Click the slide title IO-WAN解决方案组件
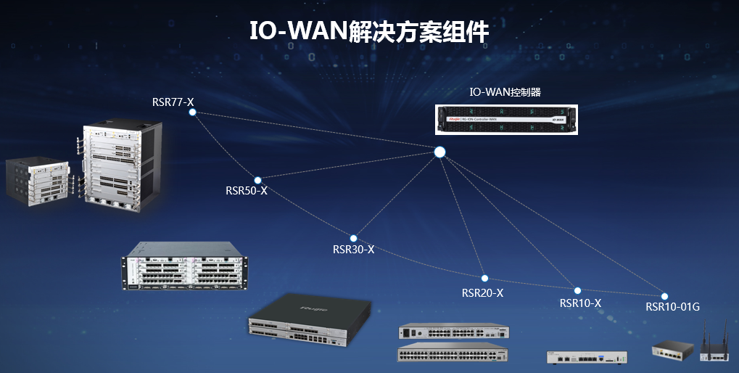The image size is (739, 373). (369, 32)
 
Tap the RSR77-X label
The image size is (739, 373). (173, 102)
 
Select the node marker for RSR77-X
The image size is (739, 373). (192, 112)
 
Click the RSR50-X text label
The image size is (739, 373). (247, 191)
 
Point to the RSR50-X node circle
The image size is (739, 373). (257, 180)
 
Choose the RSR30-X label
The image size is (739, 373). (353, 250)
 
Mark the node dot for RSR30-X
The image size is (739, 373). (354, 238)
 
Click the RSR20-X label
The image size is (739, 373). (482, 293)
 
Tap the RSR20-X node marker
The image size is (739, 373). (484, 278)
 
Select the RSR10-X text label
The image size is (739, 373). (580, 303)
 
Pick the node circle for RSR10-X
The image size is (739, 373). (578, 290)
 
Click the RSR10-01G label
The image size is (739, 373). (672, 307)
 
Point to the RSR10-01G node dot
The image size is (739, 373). (664, 296)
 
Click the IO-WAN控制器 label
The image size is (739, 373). (505, 92)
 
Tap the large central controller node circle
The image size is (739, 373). (439, 152)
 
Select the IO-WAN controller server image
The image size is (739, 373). (506, 119)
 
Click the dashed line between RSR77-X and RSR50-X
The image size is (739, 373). (224, 146)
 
